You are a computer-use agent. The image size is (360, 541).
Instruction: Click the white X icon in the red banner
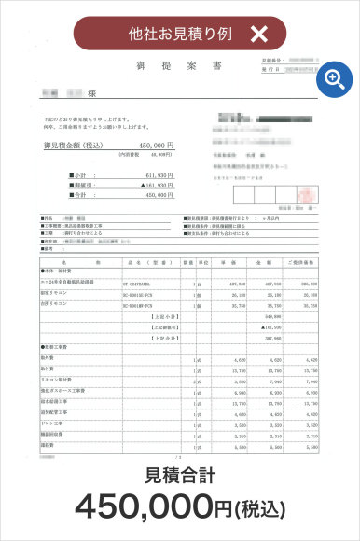coord(259,35)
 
